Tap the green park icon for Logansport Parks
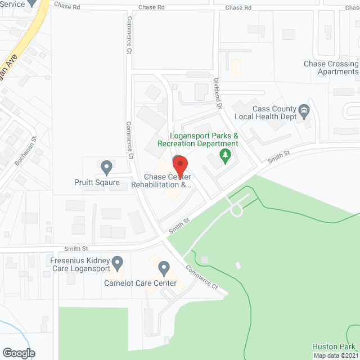pos(226,155)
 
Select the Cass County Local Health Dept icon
pos(304,110)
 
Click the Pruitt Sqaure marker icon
pos(106,167)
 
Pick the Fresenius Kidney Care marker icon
pos(118,262)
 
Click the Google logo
pos(18,353)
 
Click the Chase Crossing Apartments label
pos(330,67)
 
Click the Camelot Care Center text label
pos(145,283)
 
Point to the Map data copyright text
pos(336,355)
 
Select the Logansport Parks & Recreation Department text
pos(205,140)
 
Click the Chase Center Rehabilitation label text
pos(161,181)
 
